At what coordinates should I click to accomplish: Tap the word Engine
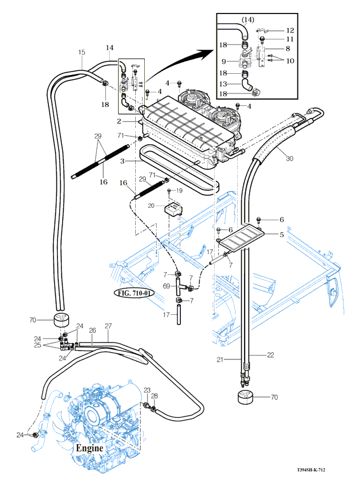[90, 448]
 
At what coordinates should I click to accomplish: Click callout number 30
[290, 159]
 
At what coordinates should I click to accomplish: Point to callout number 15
[82, 52]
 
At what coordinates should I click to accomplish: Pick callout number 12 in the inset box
[290, 30]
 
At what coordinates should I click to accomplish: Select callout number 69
[167, 287]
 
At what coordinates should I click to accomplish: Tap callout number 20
[152, 206]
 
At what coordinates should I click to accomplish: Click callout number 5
[282, 234]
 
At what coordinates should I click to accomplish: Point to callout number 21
[221, 359]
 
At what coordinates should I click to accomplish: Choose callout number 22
[270, 354]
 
